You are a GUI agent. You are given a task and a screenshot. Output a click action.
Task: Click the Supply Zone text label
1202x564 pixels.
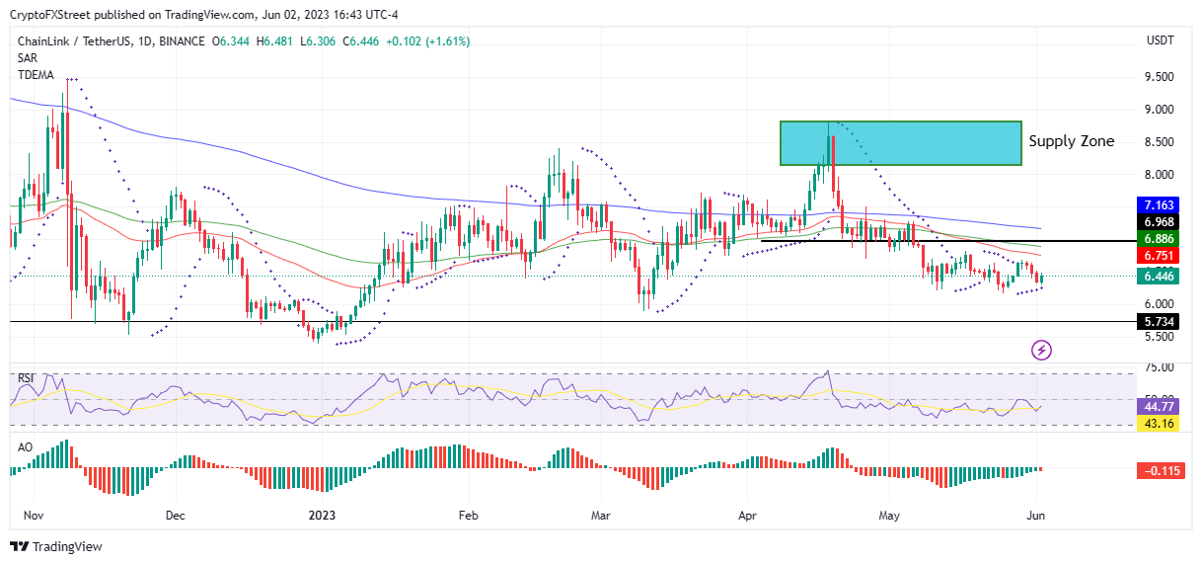click(1071, 141)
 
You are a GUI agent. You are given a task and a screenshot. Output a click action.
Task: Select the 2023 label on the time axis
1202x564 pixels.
click(323, 515)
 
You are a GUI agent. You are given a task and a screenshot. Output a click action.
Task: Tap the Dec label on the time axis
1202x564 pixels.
click(176, 515)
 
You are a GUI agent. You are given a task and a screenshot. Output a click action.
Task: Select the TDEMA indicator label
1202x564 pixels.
click(36, 74)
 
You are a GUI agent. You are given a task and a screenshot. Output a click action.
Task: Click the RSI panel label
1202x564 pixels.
click(28, 377)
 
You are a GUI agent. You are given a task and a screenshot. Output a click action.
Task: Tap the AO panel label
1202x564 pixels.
click(27, 446)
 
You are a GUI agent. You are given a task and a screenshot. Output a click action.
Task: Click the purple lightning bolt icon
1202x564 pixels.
click(1042, 349)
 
